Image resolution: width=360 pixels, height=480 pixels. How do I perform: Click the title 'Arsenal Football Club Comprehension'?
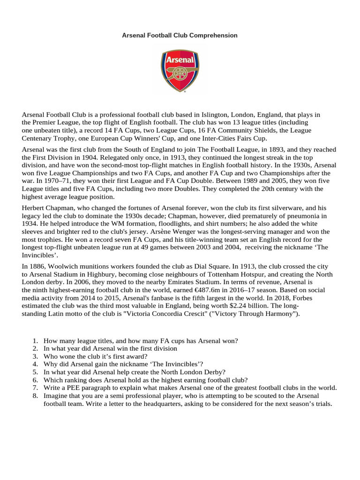tap(180, 35)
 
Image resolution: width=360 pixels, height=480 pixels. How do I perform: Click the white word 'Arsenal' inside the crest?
tap(180, 60)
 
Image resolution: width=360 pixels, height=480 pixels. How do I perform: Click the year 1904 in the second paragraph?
tap(89, 157)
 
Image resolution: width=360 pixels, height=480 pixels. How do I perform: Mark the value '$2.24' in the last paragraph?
tap(229, 307)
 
